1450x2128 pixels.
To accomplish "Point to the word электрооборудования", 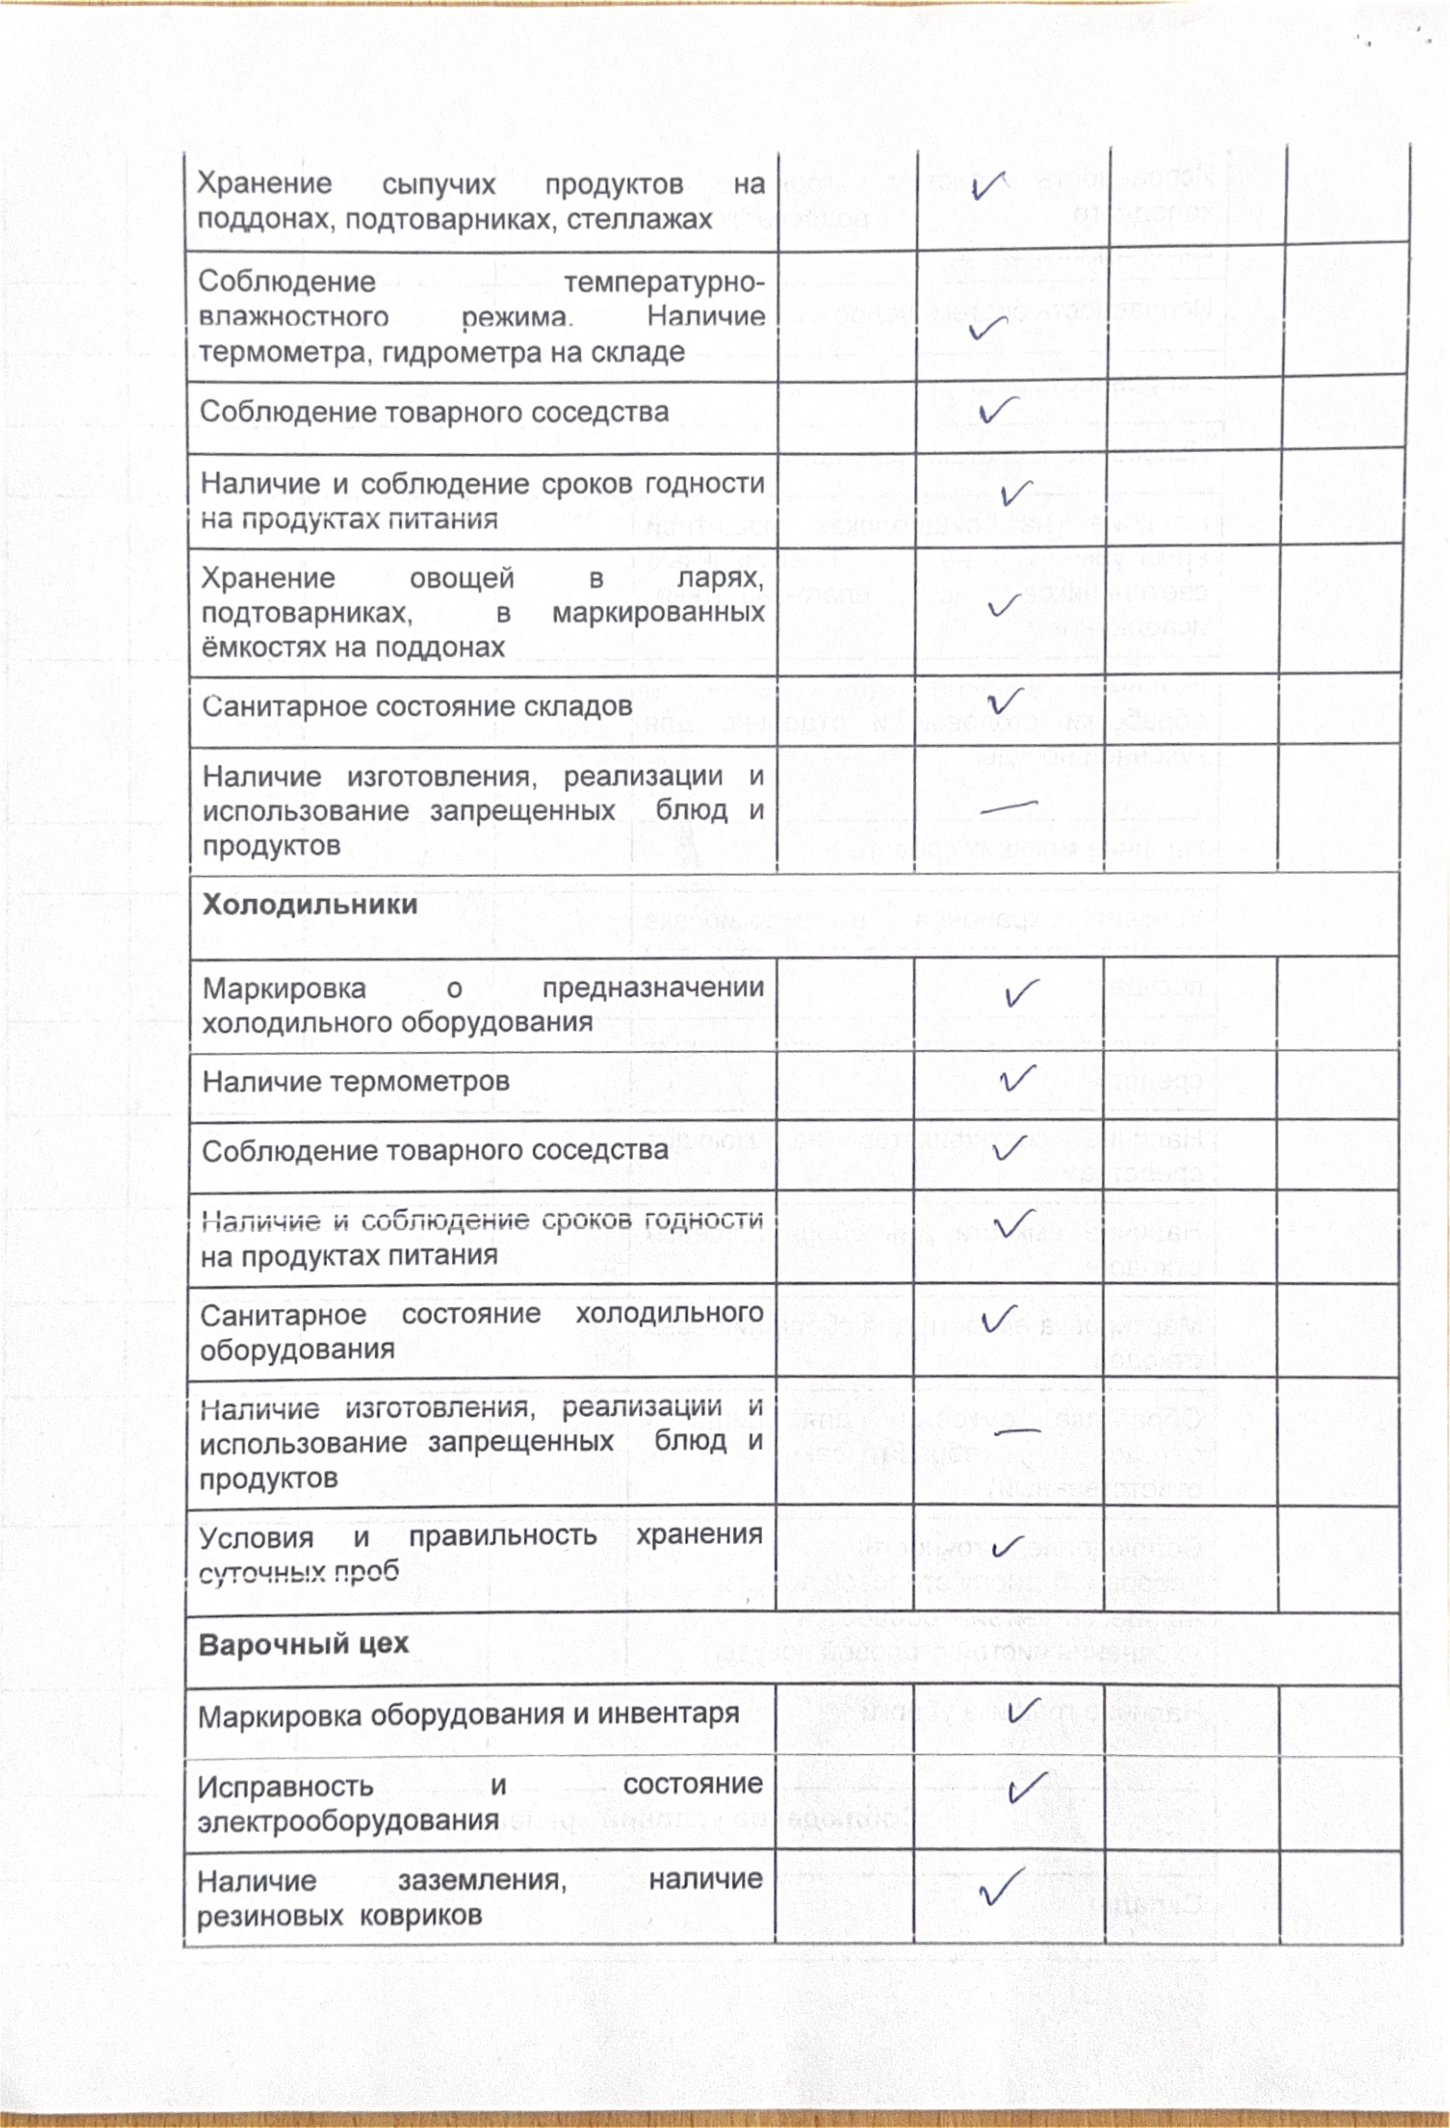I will tap(348, 1821).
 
